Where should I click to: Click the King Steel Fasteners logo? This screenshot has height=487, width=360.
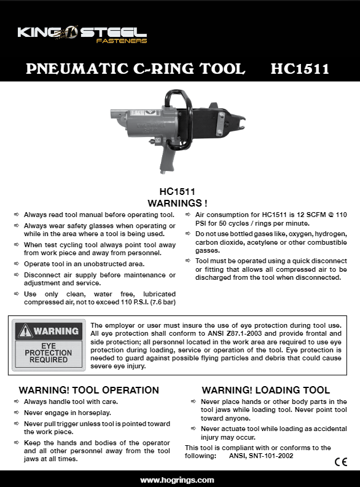82,33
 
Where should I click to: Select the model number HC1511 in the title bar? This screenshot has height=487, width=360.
299,68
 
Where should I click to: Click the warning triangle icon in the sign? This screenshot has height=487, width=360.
25,331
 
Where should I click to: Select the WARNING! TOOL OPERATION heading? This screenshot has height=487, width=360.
89,390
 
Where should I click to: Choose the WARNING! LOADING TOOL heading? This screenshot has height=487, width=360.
266,390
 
